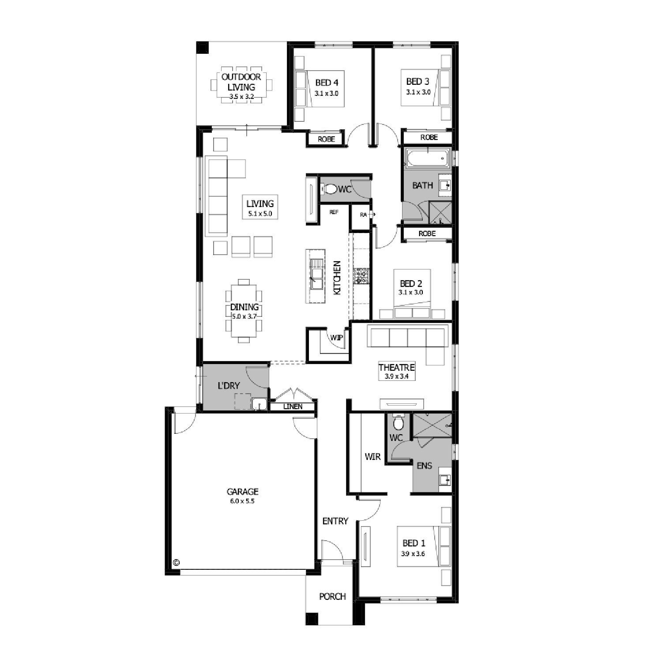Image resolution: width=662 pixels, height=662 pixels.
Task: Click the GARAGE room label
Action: pos(242,491)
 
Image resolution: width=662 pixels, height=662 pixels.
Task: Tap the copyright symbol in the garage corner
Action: pos(176,562)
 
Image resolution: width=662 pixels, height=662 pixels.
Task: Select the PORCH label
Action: pos(332,596)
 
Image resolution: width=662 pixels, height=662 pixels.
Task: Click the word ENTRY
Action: pos(335,521)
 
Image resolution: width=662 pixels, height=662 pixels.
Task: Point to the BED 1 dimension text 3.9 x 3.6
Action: pos(413,553)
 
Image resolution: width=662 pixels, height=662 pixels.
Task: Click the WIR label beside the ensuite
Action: pos(372,457)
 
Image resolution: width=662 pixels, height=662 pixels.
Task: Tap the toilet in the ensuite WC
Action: pos(398,423)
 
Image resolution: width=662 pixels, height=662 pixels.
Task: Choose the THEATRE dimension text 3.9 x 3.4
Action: pos(396,376)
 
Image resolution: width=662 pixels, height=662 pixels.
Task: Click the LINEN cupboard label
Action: pos(293,406)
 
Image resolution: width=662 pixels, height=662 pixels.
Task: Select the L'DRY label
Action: pos(229,386)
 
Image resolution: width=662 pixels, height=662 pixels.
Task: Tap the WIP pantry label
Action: pos(337,338)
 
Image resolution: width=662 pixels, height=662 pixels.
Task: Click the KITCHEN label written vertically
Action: pos(337,278)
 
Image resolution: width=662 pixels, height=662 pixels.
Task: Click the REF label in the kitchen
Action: pos(334,212)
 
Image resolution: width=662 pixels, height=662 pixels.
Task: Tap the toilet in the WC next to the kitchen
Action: pos(329,189)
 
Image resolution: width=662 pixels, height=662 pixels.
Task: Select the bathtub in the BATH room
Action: pos(428,158)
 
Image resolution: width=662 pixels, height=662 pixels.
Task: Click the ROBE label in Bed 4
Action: pos(326,139)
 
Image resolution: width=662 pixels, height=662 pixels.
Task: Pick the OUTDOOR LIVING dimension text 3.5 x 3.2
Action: pos(241,96)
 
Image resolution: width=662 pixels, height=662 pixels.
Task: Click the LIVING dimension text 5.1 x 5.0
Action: pos(260,214)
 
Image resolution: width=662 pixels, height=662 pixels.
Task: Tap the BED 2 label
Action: pos(407,284)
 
